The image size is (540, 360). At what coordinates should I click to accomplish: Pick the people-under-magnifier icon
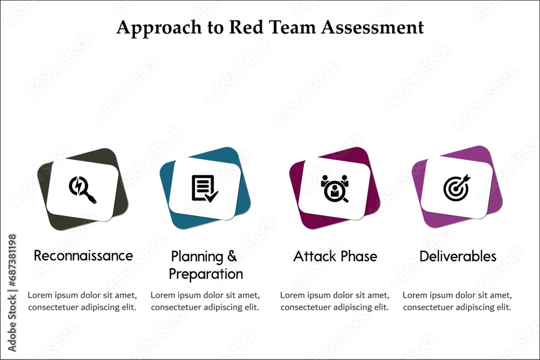(335, 188)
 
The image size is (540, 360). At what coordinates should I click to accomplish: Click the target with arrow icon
(457, 187)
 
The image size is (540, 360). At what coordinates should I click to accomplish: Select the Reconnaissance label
(83, 255)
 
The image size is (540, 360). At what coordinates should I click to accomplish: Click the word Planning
(197, 256)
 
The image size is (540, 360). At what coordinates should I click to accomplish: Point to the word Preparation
(206, 274)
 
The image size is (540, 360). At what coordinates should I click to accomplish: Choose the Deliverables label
(458, 256)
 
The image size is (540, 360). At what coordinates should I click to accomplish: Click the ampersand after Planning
(232, 256)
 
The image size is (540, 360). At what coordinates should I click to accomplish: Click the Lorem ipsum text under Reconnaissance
(82, 301)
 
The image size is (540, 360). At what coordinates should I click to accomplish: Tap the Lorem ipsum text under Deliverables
(457, 301)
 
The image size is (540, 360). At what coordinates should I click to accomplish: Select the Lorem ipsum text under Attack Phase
(335, 301)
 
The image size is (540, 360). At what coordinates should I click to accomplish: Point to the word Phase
(358, 256)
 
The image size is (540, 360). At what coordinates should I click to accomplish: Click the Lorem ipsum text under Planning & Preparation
(205, 301)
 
